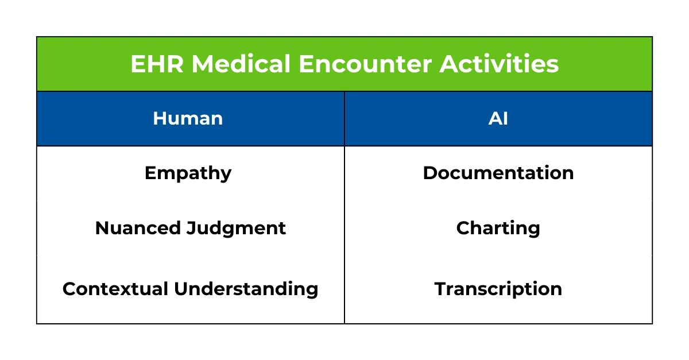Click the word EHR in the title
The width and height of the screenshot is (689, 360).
click(157, 64)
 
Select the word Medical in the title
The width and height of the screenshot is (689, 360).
click(241, 64)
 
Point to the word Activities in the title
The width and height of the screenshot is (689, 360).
click(500, 64)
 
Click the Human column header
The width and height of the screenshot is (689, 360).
click(188, 119)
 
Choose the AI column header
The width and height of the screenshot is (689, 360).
click(498, 119)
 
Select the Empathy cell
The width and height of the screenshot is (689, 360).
click(188, 173)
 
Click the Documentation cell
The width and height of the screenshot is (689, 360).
click(498, 173)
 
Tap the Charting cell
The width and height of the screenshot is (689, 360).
click(498, 229)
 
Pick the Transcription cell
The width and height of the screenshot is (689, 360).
click(498, 288)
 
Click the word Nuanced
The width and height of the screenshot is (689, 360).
click(138, 229)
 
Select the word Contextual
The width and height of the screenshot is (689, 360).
click(115, 288)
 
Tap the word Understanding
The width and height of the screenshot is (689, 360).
click(246, 288)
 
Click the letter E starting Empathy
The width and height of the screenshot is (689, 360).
click(149, 173)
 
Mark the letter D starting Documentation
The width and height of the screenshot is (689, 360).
click(429, 173)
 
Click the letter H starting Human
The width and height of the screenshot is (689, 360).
click(159, 119)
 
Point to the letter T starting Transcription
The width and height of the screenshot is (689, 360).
click(440, 288)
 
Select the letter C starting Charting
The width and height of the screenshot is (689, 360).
click(463, 229)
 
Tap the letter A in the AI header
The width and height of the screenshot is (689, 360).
click(494, 119)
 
